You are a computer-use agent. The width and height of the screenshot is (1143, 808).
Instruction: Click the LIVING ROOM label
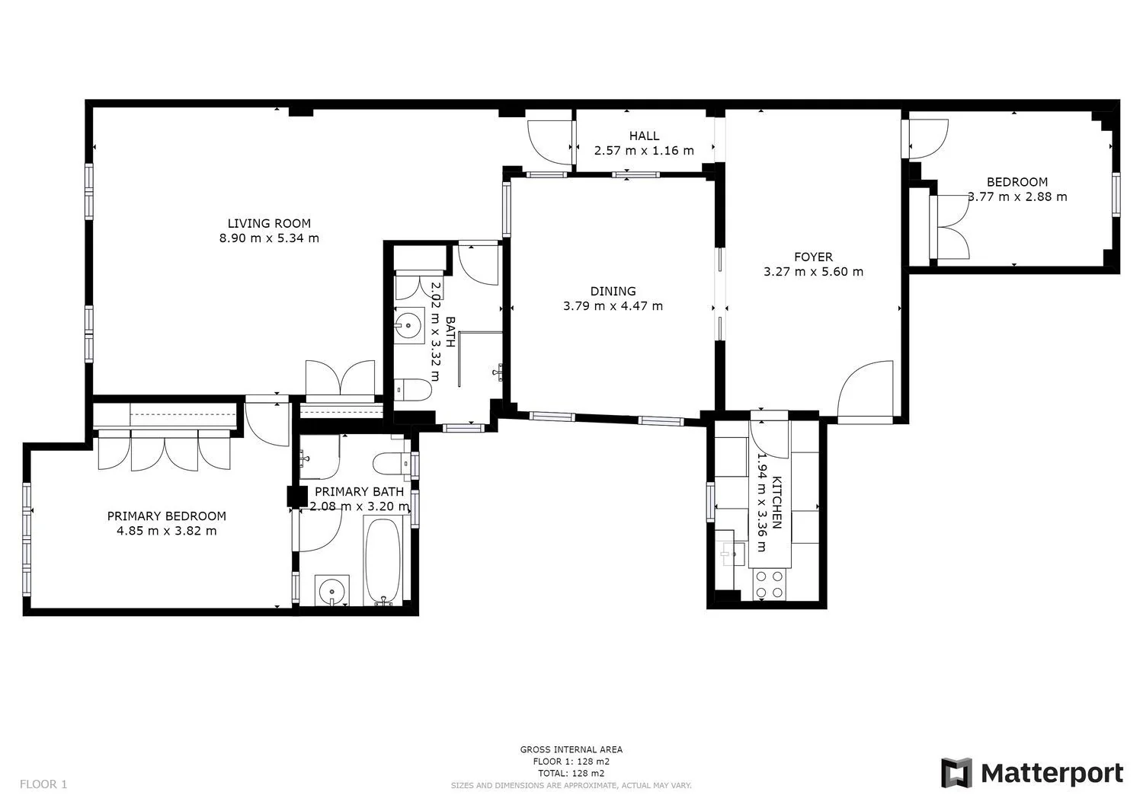(x=269, y=223)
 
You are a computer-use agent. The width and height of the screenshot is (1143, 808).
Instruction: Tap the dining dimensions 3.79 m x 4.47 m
(x=613, y=306)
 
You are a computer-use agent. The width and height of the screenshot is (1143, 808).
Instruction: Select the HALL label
(x=644, y=136)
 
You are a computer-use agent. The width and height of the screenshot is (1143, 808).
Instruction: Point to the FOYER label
(x=813, y=257)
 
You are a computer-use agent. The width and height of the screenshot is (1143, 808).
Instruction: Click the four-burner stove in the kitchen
(x=770, y=585)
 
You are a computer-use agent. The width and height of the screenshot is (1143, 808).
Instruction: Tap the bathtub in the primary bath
(x=383, y=561)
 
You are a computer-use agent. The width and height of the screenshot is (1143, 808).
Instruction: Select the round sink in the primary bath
(x=332, y=591)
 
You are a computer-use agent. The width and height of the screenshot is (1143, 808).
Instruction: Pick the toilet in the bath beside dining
(x=413, y=390)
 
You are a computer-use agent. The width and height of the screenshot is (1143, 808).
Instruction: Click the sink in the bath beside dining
(x=409, y=325)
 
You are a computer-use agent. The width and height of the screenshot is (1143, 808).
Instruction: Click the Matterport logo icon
(x=956, y=773)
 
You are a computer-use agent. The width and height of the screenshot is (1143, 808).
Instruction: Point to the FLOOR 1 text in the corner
(x=43, y=784)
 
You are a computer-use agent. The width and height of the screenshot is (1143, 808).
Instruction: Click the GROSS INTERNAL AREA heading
(x=571, y=749)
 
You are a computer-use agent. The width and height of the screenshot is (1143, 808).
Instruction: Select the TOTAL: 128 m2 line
(x=571, y=773)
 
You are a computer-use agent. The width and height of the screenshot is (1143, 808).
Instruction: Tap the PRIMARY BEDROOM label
(x=166, y=516)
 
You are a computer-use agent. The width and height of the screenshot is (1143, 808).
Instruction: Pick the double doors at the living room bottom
(x=341, y=378)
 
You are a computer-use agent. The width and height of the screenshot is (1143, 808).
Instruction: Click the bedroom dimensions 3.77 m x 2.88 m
(x=1017, y=197)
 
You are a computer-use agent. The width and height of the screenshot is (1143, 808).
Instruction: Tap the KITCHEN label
(x=776, y=503)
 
